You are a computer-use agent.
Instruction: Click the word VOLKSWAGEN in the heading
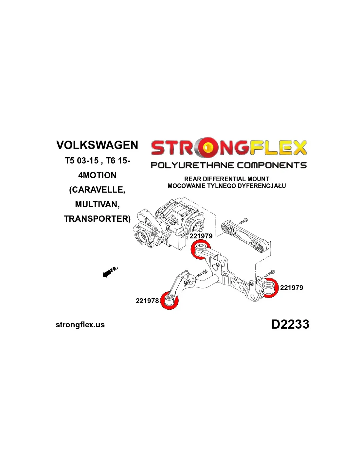click(97, 145)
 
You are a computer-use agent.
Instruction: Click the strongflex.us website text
click(80, 325)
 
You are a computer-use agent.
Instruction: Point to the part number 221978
click(147, 301)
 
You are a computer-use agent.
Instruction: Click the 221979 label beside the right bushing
click(292, 288)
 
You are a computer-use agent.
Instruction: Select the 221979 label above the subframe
click(201, 236)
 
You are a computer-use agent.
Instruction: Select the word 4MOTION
click(97, 175)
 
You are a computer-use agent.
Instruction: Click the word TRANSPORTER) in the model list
click(97, 219)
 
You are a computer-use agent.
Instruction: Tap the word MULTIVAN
click(97, 204)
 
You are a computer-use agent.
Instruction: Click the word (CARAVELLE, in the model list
click(97, 190)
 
